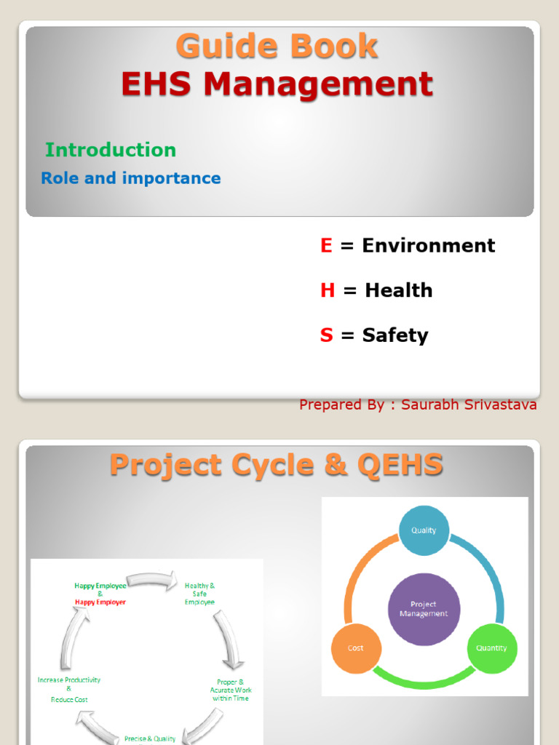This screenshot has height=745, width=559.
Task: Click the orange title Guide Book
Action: (x=277, y=47)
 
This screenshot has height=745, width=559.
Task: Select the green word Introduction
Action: (x=111, y=150)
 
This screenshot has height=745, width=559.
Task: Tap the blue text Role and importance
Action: (x=131, y=178)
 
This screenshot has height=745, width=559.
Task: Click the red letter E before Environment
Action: (x=326, y=246)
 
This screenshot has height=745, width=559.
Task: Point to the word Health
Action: (x=399, y=290)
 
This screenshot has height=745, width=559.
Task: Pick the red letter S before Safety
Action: (x=326, y=335)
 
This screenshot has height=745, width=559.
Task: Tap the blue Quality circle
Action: (x=424, y=530)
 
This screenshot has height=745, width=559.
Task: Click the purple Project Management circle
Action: (x=424, y=609)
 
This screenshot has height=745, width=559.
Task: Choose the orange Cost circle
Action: (x=355, y=648)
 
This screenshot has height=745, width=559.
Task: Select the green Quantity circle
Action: (x=491, y=648)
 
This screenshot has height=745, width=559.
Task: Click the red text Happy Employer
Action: (x=100, y=602)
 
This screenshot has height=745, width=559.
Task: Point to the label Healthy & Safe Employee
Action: (x=199, y=594)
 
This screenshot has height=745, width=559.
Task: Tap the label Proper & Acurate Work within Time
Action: (x=230, y=690)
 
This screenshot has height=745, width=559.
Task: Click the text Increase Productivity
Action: (x=69, y=680)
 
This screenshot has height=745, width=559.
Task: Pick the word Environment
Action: (x=429, y=246)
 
